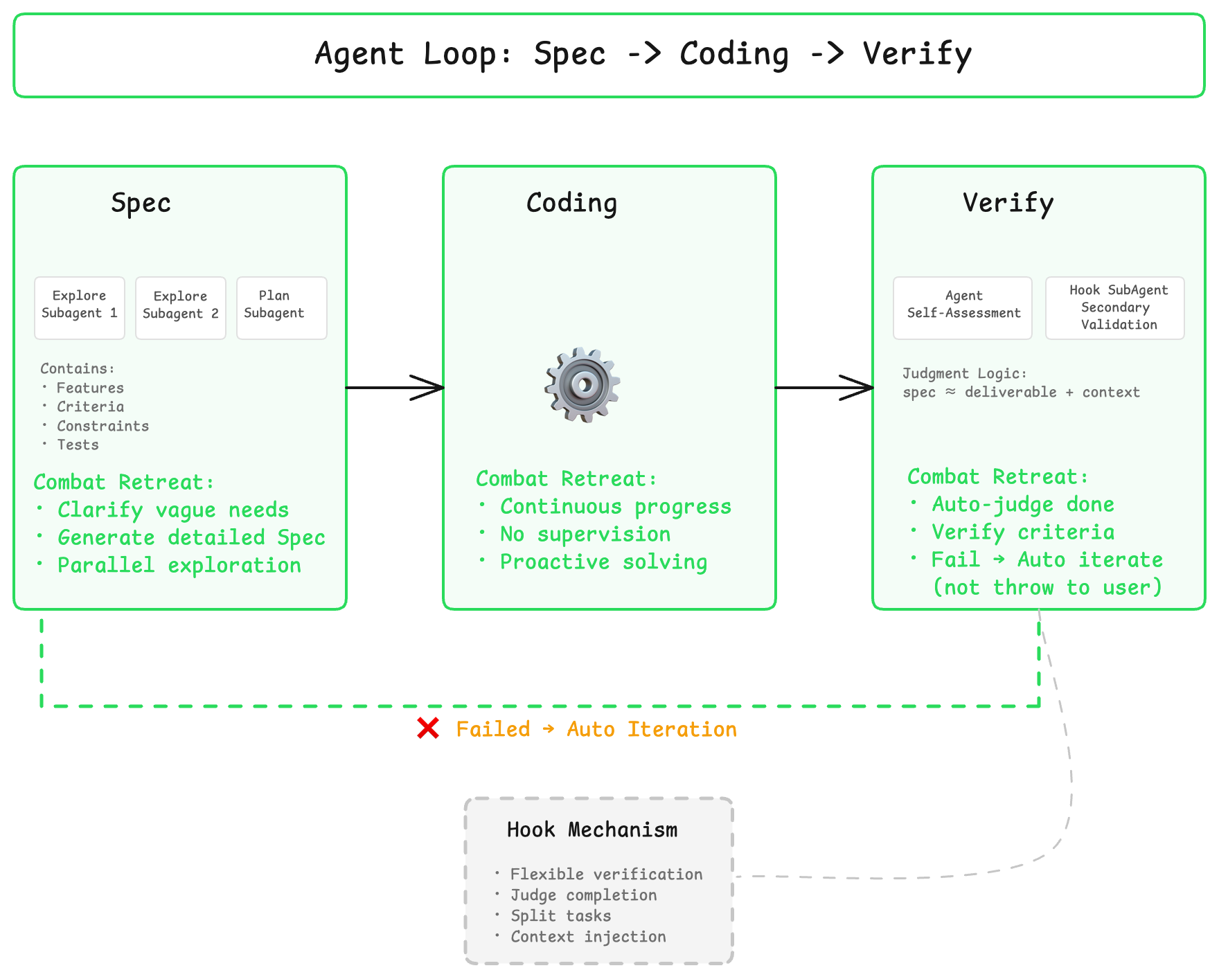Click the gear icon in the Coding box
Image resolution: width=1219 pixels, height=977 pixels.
pos(582,385)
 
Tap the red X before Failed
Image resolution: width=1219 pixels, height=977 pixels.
pos(428,728)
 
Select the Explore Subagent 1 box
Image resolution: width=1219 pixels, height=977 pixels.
pos(80,308)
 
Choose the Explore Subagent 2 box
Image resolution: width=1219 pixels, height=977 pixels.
pos(181,308)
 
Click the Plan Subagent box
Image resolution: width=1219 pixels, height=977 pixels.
pos(281,308)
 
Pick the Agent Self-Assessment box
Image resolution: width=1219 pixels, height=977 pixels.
pos(963,308)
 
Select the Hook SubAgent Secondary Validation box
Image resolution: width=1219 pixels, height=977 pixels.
pos(1115,308)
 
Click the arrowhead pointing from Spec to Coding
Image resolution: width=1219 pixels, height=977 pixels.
pos(431,388)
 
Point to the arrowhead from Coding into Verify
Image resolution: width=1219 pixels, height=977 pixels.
pos(860,388)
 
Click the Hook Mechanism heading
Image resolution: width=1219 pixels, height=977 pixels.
pos(592,830)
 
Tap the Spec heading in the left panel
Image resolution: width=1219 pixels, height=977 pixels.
pos(141,203)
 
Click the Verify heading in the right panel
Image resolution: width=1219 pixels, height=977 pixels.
pos(1008,203)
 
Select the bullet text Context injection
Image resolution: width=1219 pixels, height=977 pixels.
pos(588,937)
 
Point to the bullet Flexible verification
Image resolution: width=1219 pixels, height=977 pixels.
pos(606,875)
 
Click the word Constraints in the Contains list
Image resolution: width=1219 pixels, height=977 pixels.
pos(103,426)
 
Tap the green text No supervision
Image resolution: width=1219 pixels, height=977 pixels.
pos(585,535)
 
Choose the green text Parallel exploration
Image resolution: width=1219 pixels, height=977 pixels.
pos(179,566)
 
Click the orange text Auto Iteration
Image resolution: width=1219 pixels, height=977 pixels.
pos(651,729)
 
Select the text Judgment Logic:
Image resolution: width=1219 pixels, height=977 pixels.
pos(964,374)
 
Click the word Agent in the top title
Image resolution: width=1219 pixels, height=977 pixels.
pos(359,54)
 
